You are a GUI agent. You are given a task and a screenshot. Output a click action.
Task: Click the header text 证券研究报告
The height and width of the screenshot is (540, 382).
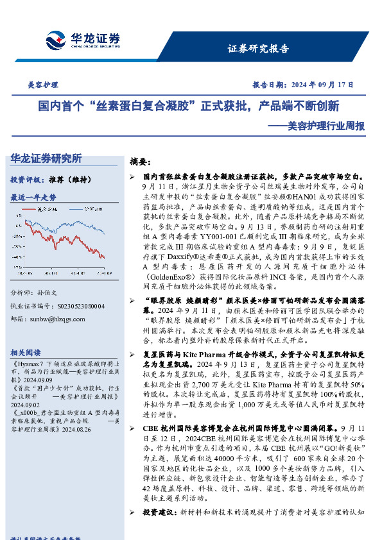258,49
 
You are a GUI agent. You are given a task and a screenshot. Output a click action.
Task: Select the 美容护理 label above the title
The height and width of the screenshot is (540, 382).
43,85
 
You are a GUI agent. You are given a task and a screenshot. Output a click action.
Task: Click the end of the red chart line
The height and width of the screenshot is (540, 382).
104,257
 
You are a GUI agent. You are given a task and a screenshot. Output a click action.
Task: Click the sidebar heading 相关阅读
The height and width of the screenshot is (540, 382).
26,353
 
